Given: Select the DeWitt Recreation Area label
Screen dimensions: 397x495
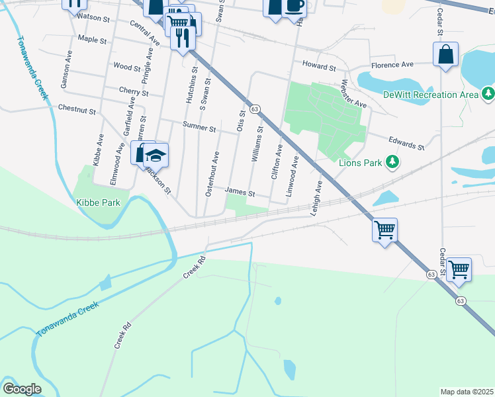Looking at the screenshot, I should point(431,95).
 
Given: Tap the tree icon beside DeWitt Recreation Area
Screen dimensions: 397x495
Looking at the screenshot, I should point(488,94).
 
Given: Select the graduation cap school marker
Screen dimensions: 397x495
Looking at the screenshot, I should point(157,155).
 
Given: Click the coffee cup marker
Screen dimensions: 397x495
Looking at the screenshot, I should point(294,6).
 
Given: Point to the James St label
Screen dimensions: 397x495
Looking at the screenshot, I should point(240,192).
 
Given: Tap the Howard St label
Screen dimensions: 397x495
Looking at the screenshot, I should point(319,67).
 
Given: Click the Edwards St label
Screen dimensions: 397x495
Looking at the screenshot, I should point(405,144).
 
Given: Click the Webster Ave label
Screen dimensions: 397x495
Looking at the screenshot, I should point(353,95).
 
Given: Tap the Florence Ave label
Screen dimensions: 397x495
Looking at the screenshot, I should point(392,64).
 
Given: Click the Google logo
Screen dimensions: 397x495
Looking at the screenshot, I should point(22,389).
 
